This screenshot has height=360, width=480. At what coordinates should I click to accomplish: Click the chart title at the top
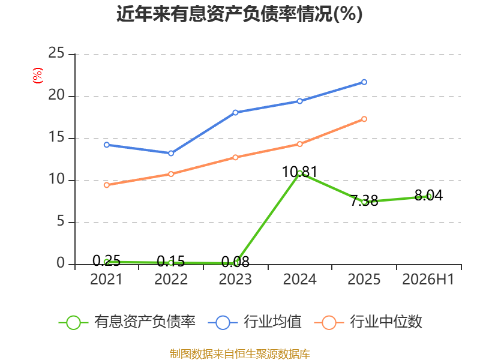click(x=239, y=14)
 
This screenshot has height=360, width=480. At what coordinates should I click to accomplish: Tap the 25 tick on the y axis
click(x=56, y=53)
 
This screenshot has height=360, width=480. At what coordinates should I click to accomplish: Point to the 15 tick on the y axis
click(x=56, y=137)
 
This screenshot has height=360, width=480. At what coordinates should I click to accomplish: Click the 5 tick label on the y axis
click(x=61, y=221)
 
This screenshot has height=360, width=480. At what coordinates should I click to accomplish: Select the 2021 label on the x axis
click(x=106, y=279)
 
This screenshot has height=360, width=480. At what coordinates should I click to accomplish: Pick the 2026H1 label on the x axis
click(x=428, y=279)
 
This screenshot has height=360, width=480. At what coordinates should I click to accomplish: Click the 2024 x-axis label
click(x=299, y=279)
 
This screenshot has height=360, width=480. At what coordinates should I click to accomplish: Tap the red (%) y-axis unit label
click(x=38, y=76)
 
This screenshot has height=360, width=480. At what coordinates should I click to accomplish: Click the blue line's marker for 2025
click(x=364, y=82)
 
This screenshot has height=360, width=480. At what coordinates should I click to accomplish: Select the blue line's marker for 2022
click(x=171, y=153)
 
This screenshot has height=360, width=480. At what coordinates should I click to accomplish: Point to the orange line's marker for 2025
click(x=364, y=119)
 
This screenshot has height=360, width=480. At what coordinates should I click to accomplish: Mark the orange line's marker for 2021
click(x=107, y=185)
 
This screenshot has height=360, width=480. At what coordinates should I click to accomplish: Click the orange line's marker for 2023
click(x=235, y=157)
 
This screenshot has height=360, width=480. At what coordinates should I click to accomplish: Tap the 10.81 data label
click(x=299, y=172)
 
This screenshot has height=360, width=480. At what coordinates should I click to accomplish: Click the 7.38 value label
click(x=364, y=201)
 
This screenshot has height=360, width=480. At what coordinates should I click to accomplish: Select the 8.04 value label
click(x=428, y=196)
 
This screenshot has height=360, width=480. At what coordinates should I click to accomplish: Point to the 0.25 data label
click(x=106, y=261)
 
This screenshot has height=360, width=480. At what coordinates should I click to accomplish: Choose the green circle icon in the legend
click(x=73, y=323)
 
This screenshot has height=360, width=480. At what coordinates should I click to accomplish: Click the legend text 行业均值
click(x=272, y=322)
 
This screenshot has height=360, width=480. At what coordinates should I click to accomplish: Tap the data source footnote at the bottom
click(x=239, y=354)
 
